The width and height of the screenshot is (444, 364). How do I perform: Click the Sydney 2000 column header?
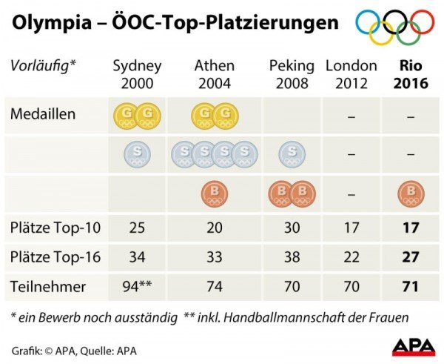point(137,74)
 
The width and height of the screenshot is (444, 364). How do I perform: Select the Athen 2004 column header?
point(215,74)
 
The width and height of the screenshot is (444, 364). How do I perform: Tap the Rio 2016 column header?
point(411,74)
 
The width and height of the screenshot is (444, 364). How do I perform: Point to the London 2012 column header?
point(351,74)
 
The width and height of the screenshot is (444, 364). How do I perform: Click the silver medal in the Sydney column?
point(138,154)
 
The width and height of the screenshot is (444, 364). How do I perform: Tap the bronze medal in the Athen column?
point(215,194)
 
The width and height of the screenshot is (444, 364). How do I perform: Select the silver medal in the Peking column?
point(292,154)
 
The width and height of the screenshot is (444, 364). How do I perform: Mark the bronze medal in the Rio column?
point(411,194)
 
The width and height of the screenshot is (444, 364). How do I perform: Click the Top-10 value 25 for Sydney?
point(137,229)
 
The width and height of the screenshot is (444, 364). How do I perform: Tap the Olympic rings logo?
point(394,27)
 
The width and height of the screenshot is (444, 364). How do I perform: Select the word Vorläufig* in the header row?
point(44,65)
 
